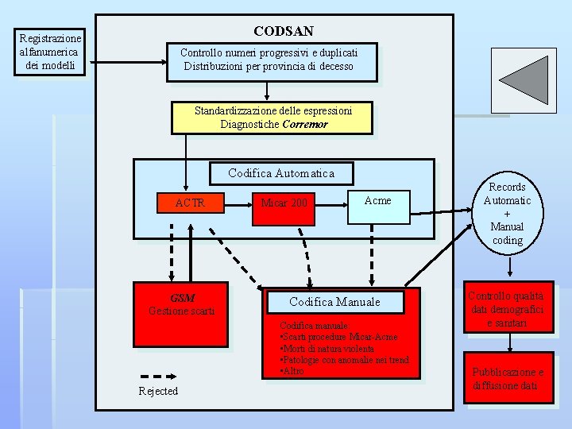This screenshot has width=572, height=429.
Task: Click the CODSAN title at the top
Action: [x=283, y=31]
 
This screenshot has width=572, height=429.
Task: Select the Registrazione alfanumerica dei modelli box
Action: [x=50, y=52]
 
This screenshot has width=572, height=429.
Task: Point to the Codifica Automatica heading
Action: [x=280, y=173]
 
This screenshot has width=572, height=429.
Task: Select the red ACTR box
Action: [x=190, y=203]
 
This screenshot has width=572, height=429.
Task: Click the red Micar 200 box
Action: [x=284, y=203]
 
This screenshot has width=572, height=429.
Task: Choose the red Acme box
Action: [x=377, y=200]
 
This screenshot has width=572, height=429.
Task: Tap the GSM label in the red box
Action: [x=182, y=298]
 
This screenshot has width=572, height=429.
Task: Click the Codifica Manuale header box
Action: [x=334, y=302]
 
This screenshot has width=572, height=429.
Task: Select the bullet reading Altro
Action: [x=292, y=371]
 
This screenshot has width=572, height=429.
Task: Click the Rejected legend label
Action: [x=158, y=391]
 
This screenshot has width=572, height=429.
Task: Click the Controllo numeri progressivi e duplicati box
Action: [x=270, y=60]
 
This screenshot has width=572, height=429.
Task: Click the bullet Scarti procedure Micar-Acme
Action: [x=341, y=337]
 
